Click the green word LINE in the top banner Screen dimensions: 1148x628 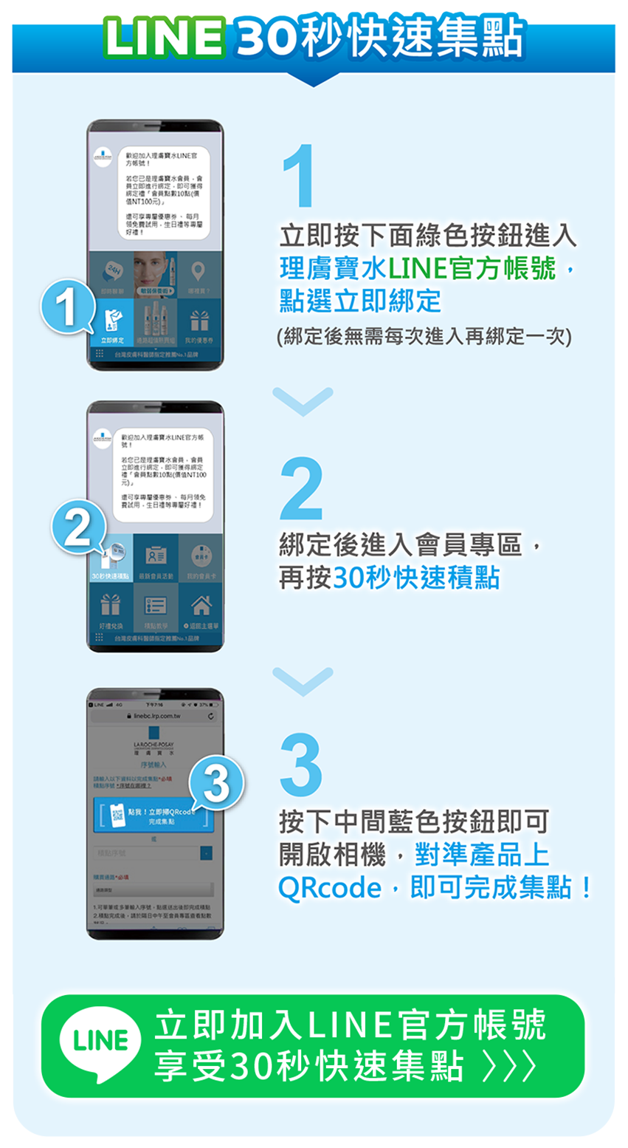coord(165,36)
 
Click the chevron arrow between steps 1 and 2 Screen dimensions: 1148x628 coord(303,400)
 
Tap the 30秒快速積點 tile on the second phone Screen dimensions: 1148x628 coord(111,558)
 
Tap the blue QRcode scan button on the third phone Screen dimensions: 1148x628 coord(155,816)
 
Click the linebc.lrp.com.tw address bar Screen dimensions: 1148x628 coord(155,717)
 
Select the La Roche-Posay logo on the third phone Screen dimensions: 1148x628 coord(154,746)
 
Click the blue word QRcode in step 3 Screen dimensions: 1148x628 coord(329,887)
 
